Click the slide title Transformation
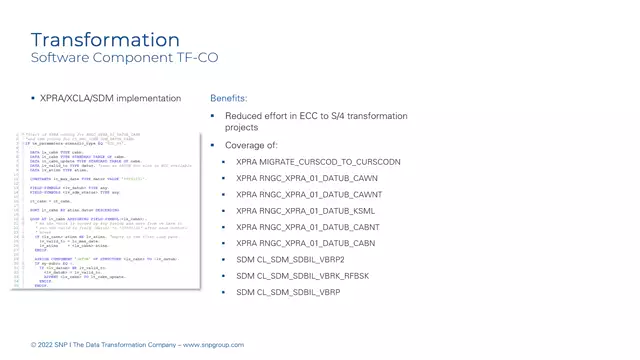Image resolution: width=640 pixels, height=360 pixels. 105,40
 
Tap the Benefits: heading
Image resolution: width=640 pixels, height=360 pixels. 228,99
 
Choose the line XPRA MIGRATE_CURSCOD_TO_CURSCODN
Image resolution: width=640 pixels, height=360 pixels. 318,161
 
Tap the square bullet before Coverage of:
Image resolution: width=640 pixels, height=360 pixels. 213,145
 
